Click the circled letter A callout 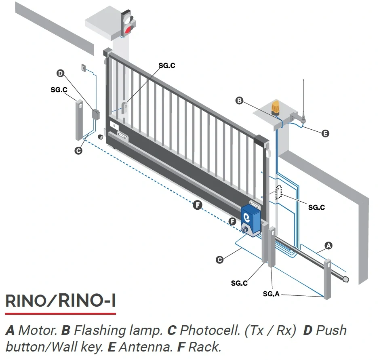pyautogui.click(x=328, y=246)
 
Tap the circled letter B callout pyautogui.click(x=239, y=100)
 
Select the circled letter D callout pyautogui.click(x=60, y=73)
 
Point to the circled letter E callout pyautogui.click(x=325, y=133)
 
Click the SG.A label pyautogui.click(x=271, y=294)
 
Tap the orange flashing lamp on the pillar pyautogui.click(x=276, y=108)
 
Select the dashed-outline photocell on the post pyautogui.click(x=278, y=192)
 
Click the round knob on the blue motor pyautogui.click(x=245, y=229)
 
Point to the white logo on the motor pyautogui.click(x=247, y=217)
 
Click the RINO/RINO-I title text pyautogui.click(x=61, y=301)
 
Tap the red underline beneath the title pyautogui.click(x=61, y=314)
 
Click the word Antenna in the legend pyautogui.click(x=145, y=347)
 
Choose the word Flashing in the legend pyautogui.click(x=100, y=331)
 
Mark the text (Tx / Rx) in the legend pyautogui.click(x=270, y=331)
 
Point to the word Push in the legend pyautogui.click(x=331, y=331)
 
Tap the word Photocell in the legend pyautogui.click(x=210, y=331)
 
